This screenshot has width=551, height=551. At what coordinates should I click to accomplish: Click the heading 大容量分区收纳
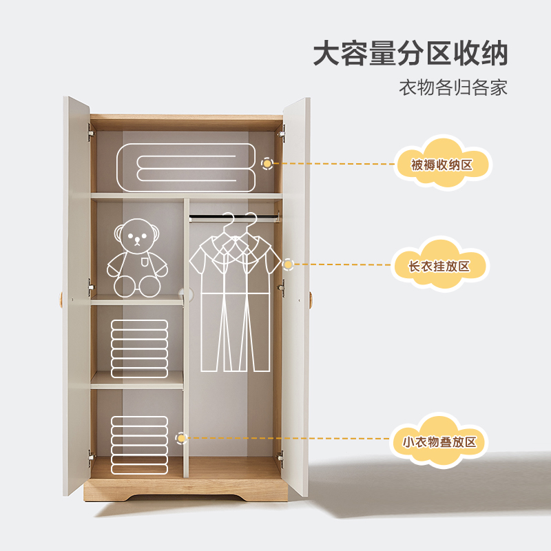coord(410,53)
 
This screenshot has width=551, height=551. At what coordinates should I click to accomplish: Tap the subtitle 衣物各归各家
coord(453,88)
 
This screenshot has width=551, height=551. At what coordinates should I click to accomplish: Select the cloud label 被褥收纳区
coord(441,165)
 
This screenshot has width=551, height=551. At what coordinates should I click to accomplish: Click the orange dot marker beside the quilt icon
coord(267,164)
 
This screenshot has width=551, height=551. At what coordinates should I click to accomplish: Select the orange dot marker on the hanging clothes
coord(288,264)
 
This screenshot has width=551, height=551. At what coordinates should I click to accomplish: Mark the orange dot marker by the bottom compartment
coord(181,437)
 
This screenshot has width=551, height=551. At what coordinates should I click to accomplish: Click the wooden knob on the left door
coord(61,300)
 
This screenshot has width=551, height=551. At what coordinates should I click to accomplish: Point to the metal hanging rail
coord(234,218)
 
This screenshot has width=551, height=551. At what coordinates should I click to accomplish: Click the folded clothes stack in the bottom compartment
coord(139,444)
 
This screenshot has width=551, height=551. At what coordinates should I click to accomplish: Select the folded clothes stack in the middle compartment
coord(139,349)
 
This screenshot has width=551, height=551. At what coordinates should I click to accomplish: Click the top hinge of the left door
coord(90,132)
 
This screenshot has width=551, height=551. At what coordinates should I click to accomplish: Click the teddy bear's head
coord(137,236)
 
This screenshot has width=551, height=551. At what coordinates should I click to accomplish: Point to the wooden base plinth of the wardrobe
coord(185,490)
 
